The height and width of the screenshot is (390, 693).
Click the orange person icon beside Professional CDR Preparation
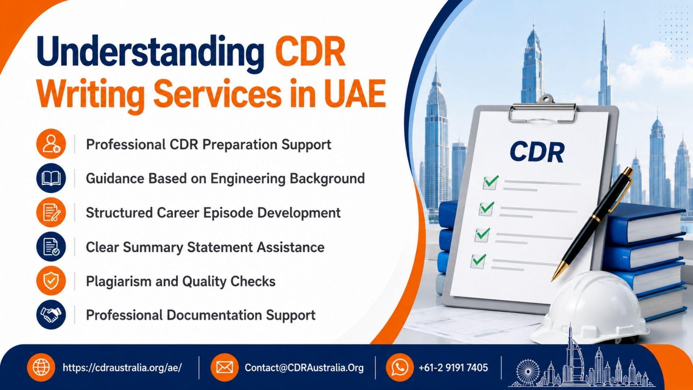click(51, 144)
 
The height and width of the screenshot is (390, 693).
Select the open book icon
click(51, 178)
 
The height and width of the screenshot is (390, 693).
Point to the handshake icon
click(51, 315)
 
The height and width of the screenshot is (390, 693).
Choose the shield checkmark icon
click(51, 281)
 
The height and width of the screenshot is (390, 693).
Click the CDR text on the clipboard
click(537, 152)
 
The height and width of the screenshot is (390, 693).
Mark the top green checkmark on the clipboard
click(491, 182)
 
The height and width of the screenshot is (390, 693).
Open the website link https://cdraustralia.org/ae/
click(122, 368)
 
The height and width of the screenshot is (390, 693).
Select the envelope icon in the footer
click(225, 368)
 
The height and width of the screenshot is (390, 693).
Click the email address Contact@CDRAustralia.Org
click(304, 368)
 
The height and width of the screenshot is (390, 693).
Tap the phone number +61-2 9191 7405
click(453, 368)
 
